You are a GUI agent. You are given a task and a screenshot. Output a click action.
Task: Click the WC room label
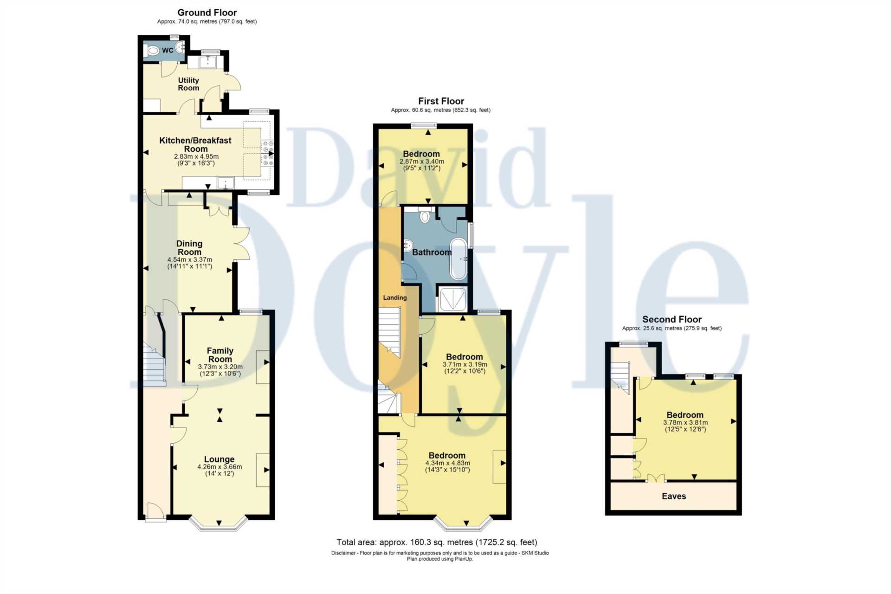pyautogui.click(x=168, y=50)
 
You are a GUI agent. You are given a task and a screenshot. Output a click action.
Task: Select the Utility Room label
pyautogui.click(x=188, y=84)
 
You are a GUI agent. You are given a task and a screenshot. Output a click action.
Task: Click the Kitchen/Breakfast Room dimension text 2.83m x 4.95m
pyautogui.click(x=196, y=156)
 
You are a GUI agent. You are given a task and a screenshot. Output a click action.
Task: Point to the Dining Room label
pyautogui.click(x=189, y=248)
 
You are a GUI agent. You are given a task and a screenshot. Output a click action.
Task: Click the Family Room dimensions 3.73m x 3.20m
pyautogui.click(x=220, y=367)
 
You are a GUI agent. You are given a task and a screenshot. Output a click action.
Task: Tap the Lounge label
pyautogui.click(x=219, y=459)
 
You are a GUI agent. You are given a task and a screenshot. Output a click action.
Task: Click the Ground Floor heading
pyautogui.click(x=207, y=13)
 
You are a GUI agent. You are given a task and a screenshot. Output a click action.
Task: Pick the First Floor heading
pyautogui.click(x=441, y=101)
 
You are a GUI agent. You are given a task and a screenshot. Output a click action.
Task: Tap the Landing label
pyautogui.click(x=394, y=297)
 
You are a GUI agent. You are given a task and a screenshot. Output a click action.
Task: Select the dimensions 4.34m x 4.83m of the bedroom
pyautogui.click(x=447, y=463)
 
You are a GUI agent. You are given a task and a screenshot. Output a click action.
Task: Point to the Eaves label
pyautogui.click(x=673, y=496)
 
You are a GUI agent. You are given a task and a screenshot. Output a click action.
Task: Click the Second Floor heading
pyautogui.click(x=671, y=319)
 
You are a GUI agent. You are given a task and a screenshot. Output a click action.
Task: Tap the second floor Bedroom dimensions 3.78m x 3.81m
pyautogui.click(x=685, y=422)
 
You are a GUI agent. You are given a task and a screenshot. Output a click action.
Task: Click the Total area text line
pyautogui.click(x=436, y=542)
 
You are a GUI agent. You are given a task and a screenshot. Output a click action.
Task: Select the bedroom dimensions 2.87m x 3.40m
pyautogui.click(x=421, y=161)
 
